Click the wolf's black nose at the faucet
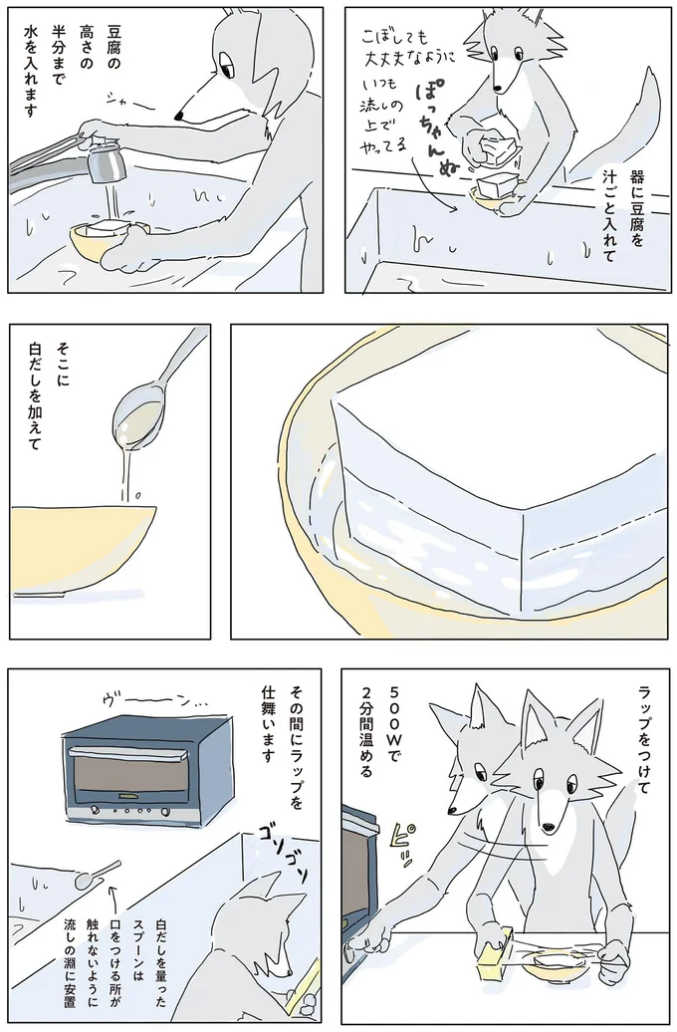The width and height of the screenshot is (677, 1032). click(x=178, y=117)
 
